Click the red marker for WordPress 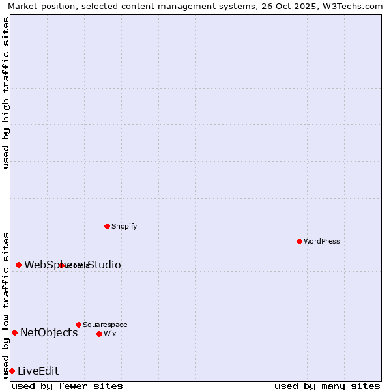tap(299, 241)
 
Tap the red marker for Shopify tap(107, 226)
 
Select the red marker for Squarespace tap(78, 325)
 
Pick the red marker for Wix tap(99, 334)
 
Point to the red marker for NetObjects tap(14, 332)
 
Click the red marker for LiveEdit tap(12, 371)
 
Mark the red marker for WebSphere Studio tap(18, 265)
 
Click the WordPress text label tap(322, 241)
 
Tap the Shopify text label tap(124, 226)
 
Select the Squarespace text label tap(105, 325)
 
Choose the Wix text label tap(109, 334)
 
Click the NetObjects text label tap(49, 332)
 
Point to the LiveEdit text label tap(38, 371)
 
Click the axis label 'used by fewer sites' tap(67, 386)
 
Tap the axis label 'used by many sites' tap(327, 386)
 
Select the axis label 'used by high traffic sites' tap(6, 93)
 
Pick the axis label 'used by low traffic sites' tap(6, 304)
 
